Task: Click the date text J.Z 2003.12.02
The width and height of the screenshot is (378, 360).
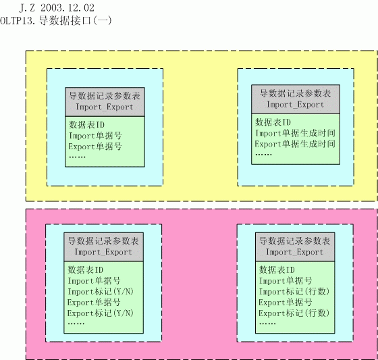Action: coord(57,8)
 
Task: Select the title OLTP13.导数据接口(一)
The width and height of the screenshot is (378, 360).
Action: coord(56,20)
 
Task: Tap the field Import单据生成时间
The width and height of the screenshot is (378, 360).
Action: coord(296,133)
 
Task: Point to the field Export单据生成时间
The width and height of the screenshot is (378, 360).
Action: coord(296,144)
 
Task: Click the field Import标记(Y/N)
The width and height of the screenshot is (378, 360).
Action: coord(101,292)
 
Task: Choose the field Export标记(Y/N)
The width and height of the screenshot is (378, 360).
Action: coord(101,313)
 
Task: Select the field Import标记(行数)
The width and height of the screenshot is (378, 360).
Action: coord(294,292)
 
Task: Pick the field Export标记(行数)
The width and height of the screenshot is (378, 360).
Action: coord(294,313)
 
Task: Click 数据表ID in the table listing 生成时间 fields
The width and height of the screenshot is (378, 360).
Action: coord(273,122)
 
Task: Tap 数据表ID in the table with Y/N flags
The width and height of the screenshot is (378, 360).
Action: coord(85,269)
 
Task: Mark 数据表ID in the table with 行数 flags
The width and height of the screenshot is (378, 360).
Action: coord(277,269)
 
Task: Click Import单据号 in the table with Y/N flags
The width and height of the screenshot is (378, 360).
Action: coord(94,281)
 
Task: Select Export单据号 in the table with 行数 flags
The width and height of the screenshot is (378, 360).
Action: coord(286,303)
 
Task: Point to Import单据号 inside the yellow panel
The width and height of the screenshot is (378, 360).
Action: coord(95,136)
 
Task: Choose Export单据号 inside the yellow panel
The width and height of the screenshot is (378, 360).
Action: coord(95,147)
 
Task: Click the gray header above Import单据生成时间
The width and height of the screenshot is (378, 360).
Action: coord(296,99)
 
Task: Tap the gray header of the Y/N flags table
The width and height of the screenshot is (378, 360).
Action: coord(104,247)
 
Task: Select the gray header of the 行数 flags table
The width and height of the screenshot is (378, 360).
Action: coord(295,247)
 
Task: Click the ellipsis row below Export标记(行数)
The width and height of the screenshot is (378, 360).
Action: coord(267,324)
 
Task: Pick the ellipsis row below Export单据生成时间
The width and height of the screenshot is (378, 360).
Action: coord(263,155)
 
